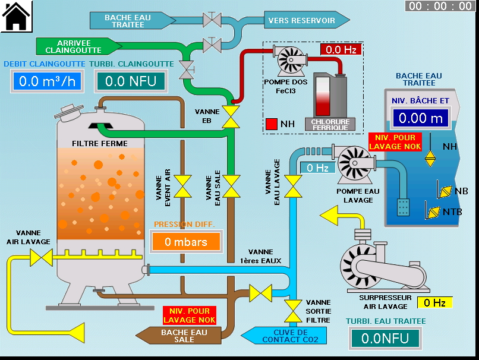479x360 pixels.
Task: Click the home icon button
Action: [x=16, y=16]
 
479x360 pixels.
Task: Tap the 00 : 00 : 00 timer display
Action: [x=440, y=7]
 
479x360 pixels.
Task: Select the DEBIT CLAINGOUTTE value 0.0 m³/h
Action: [x=47, y=81]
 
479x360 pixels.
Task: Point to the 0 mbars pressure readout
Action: [x=185, y=242]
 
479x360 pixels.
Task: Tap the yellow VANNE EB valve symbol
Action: [x=230, y=116]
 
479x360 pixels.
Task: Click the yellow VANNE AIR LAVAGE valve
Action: [x=42, y=258]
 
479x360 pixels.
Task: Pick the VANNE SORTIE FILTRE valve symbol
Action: [x=293, y=310]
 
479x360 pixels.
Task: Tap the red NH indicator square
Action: [x=272, y=124]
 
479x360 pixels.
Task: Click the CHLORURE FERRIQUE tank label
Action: [x=330, y=124]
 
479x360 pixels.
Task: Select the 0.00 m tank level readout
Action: [x=421, y=118]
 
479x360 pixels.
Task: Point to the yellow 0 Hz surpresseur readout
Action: [x=434, y=302]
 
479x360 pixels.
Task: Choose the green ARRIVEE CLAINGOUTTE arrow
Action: [x=77, y=46]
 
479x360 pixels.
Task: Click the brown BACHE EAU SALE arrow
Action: [x=181, y=336]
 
